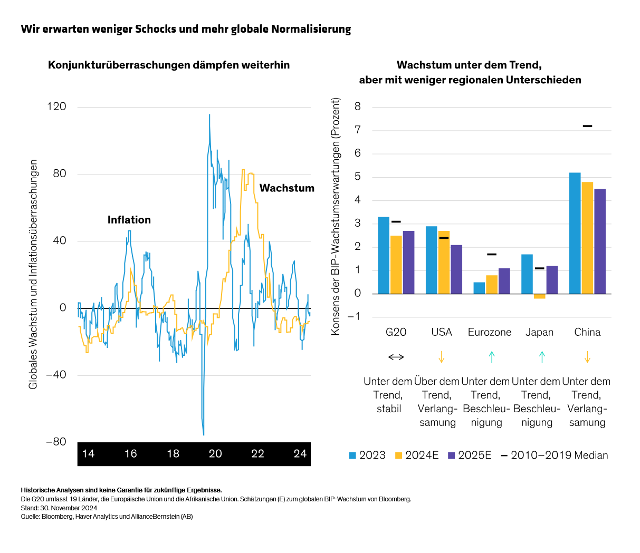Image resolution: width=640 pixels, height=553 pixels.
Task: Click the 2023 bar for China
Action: (575, 233)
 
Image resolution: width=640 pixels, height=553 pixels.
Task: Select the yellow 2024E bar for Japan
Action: (539, 296)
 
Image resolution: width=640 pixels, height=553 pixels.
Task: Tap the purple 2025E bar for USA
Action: (456, 269)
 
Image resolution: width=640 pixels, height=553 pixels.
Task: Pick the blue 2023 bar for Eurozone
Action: (479, 288)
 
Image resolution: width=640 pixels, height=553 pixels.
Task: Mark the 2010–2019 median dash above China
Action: (587, 126)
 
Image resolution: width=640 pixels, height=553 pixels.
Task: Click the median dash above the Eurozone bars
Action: (492, 255)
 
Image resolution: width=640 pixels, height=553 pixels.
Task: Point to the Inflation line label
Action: (129, 220)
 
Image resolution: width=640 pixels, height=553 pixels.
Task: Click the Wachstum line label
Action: (286, 188)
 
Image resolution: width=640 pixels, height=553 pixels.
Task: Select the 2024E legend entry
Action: (416, 455)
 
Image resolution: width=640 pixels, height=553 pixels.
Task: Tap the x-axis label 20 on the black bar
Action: (215, 454)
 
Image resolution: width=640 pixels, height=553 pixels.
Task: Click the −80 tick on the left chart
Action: (56, 442)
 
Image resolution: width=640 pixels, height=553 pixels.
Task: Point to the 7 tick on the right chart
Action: (358, 130)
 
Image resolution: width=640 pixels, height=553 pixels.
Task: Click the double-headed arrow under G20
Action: (396, 357)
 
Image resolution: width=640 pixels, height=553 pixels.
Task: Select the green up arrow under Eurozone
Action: (492, 357)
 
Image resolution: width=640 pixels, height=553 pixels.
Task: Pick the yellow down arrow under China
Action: (587, 357)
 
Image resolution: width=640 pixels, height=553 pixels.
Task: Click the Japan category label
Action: (539, 332)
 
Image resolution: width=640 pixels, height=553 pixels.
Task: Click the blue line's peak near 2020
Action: (209, 115)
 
